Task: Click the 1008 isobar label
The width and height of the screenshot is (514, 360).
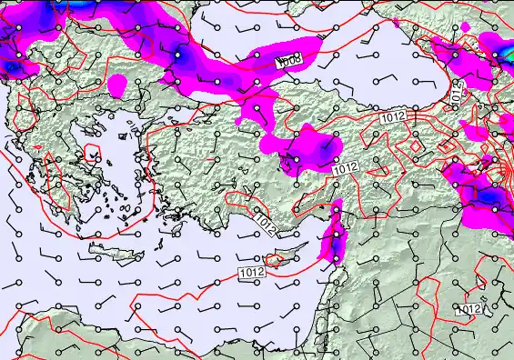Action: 290,60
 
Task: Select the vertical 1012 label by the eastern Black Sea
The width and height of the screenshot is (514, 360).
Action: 456,90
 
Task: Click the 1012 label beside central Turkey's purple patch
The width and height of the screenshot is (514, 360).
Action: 345,168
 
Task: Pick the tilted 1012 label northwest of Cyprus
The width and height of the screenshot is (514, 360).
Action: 265,219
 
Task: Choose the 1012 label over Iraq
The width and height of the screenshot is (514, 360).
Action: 469,309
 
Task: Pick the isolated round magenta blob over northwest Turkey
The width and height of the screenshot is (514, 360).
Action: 116,85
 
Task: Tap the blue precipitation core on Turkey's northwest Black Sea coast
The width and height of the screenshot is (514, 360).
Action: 179,56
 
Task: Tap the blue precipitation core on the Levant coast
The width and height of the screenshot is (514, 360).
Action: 336,238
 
